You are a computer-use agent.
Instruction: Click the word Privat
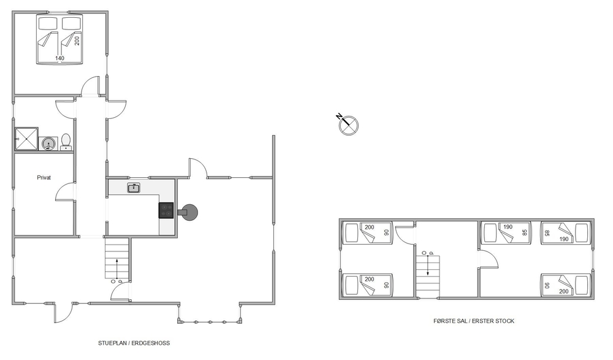pyautogui.click(x=44, y=178)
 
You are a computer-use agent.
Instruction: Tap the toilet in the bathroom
pyautogui.click(x=66, y=142)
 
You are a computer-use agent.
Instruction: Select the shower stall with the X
pyautogui.click(x=26, y=139)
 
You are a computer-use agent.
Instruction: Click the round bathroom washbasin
pyautogui.click(x=48, y=144)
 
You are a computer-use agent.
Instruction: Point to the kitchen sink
pyautogui.click(x=134, y=188)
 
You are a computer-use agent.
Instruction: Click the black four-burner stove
pyautogui.click(x=166, y=210)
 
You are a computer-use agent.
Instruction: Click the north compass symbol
pyautogui.click(x=348, y=125)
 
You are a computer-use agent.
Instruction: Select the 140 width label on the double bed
pyautogui.click(x=59, y=58)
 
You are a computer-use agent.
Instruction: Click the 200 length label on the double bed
pyautogui.click(x=77, y=40)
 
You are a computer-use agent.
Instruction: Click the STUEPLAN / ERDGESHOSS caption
pyautogui.click(x=134, y=343)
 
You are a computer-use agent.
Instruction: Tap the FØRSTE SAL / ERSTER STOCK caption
pyautogui.click(x=474, y=321)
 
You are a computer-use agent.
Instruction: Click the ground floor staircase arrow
pyautogui.click(x=117, y=267)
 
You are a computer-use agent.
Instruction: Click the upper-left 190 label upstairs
pyautogui.click(x=508, y=227)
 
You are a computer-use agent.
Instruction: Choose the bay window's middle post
pyautogui.click(x=210, y=322)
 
